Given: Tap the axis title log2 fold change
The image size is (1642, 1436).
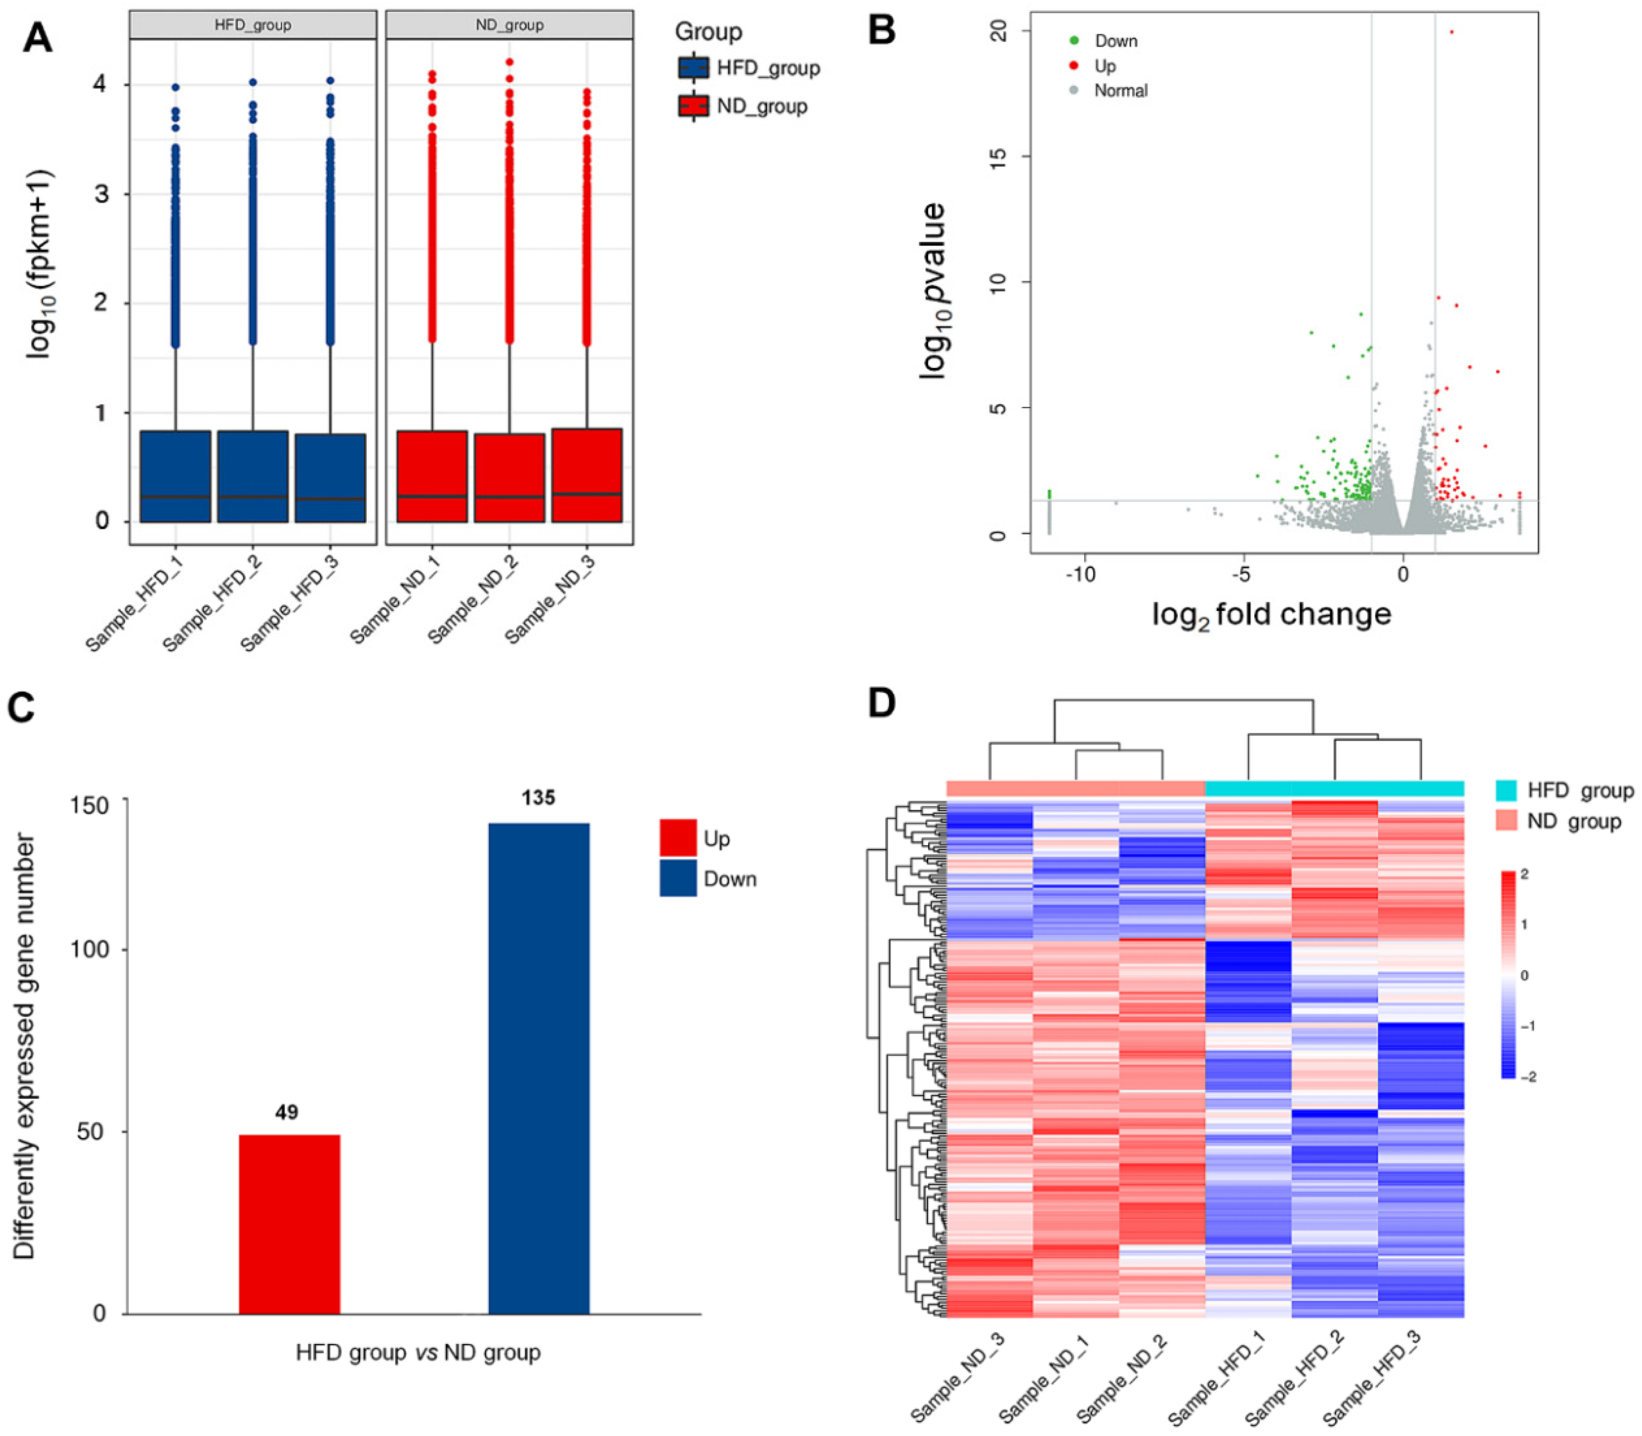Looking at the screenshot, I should (1272, 615).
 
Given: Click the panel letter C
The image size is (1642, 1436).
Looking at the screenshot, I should (21, 708).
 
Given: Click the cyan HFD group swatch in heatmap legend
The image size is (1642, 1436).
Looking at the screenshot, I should (1505, 791).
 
